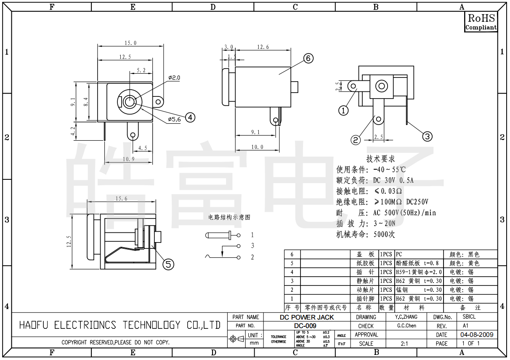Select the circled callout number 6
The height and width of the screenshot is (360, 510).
(308, 59)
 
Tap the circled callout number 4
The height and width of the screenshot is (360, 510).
(190, 117)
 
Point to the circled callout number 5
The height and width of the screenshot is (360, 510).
(168, 264)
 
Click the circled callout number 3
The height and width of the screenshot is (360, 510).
(427, 136)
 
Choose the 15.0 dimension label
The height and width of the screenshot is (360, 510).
(130, 43)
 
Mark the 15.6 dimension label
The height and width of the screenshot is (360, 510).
(121, 199)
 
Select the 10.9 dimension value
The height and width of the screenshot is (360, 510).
(128, 159)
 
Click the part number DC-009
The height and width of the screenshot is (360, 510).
(305, 326)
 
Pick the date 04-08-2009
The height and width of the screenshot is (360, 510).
(477, 335)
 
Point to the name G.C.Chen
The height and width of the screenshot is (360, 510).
(406, 326)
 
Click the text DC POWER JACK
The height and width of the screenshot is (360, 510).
(307, 317)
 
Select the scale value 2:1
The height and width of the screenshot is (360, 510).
(404, 344)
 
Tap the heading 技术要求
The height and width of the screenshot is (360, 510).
(380, 159)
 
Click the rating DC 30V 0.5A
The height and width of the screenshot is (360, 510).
(393, 181)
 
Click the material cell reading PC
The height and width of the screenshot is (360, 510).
(399, 255)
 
